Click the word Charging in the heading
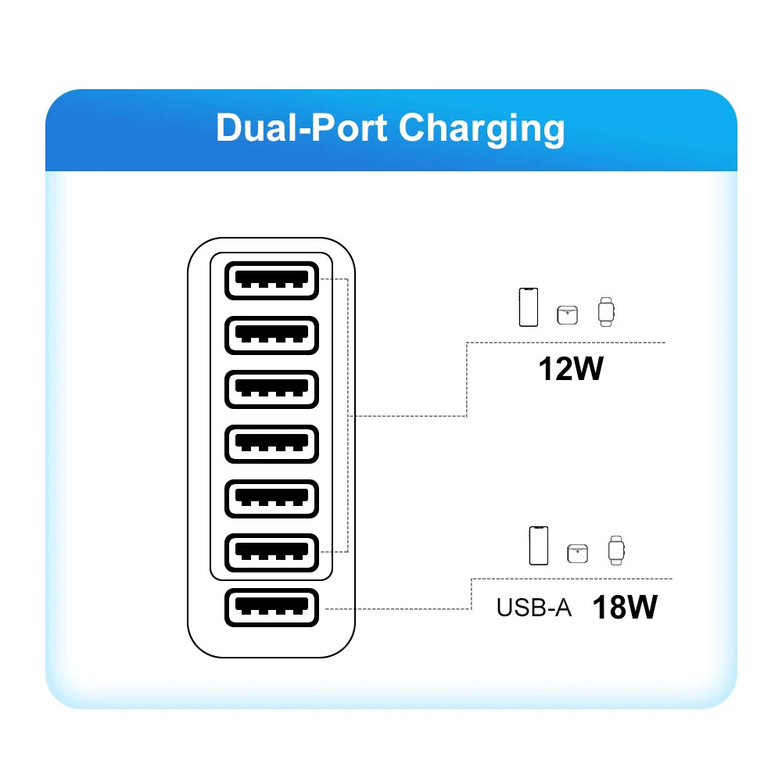click(482, 129)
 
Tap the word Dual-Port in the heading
click(300, 127)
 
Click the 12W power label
click(571, 368)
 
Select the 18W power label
click(624, 607)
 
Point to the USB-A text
click(534, 608)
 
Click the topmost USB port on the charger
click(271, 280)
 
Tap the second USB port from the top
click(271, 335)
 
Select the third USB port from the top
click(271, 389)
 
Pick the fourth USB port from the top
click(271, 443)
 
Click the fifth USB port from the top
click(271, 498)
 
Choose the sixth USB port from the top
click(271, 553)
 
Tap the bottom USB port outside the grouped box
click(271, 608)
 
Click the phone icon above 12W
click(529, 307)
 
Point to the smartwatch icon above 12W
click(606, 311)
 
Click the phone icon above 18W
click(539, 545)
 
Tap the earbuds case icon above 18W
click(577, 553)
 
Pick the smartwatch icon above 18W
click(616, 550)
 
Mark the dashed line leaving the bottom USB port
click(399, 608)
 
